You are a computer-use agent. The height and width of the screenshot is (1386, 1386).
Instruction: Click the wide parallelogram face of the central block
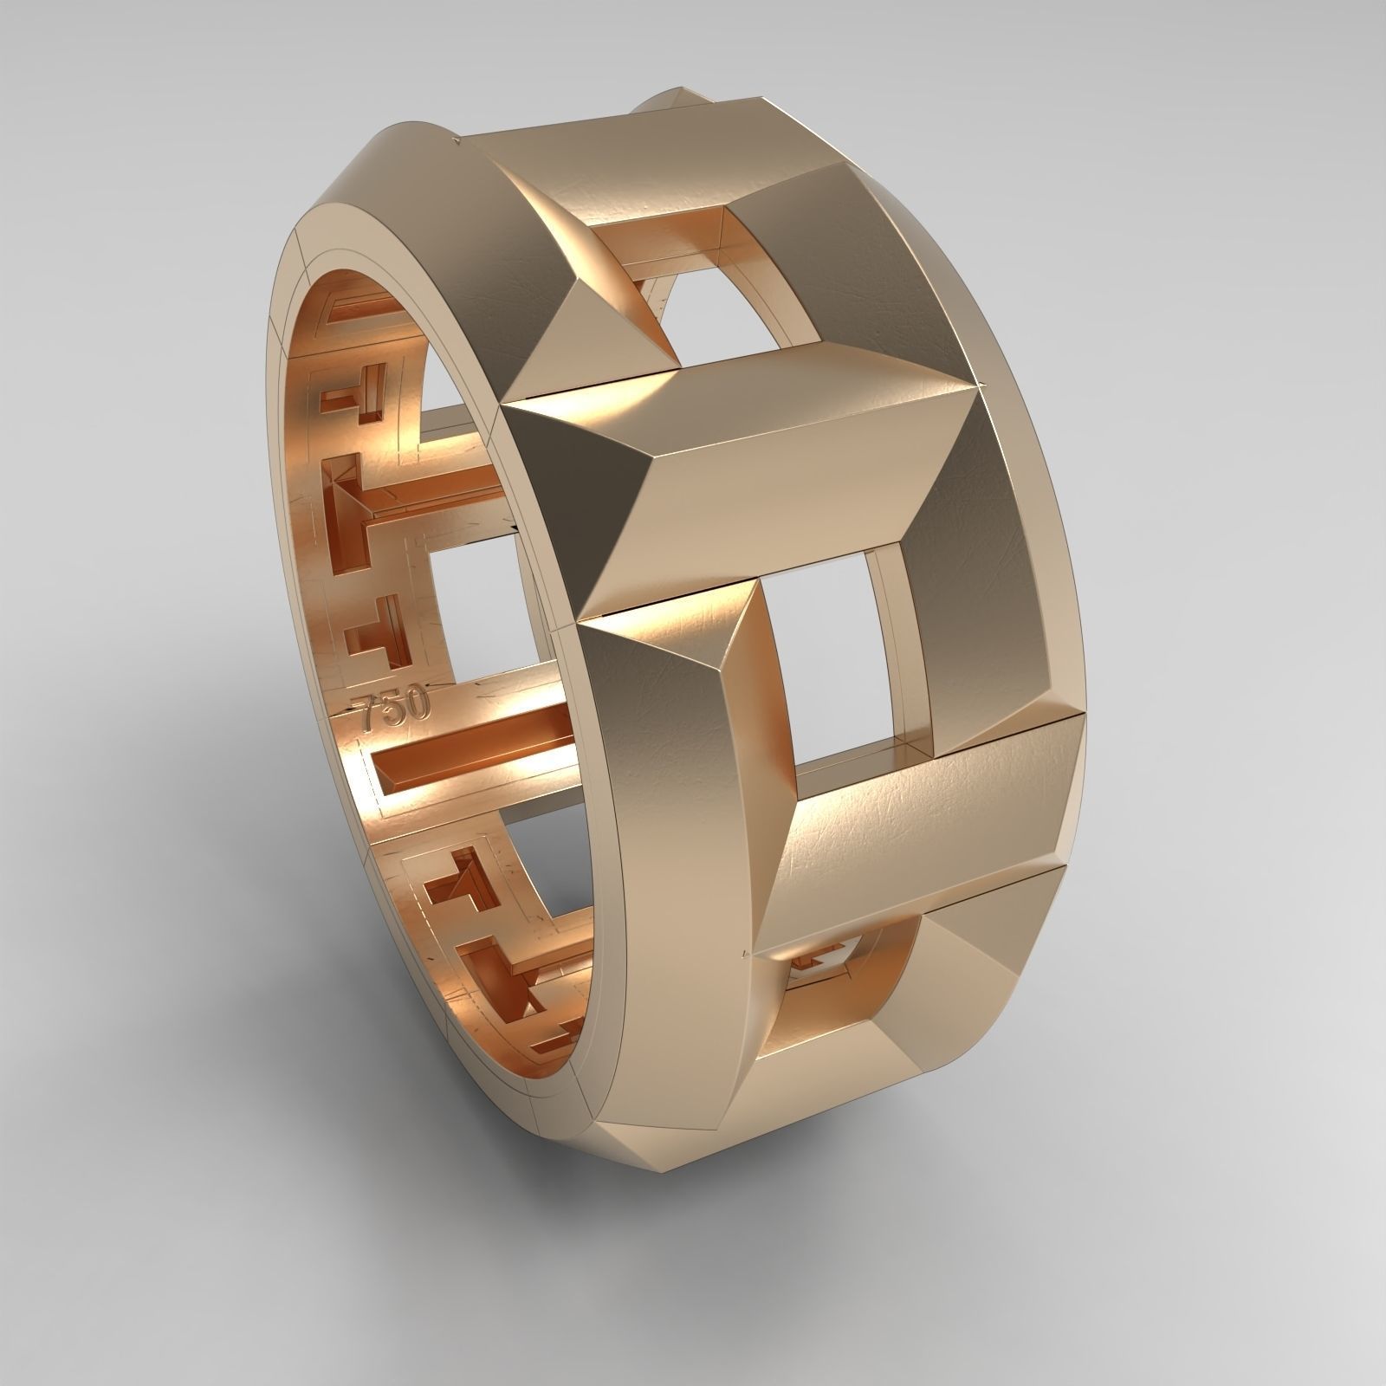780,485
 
